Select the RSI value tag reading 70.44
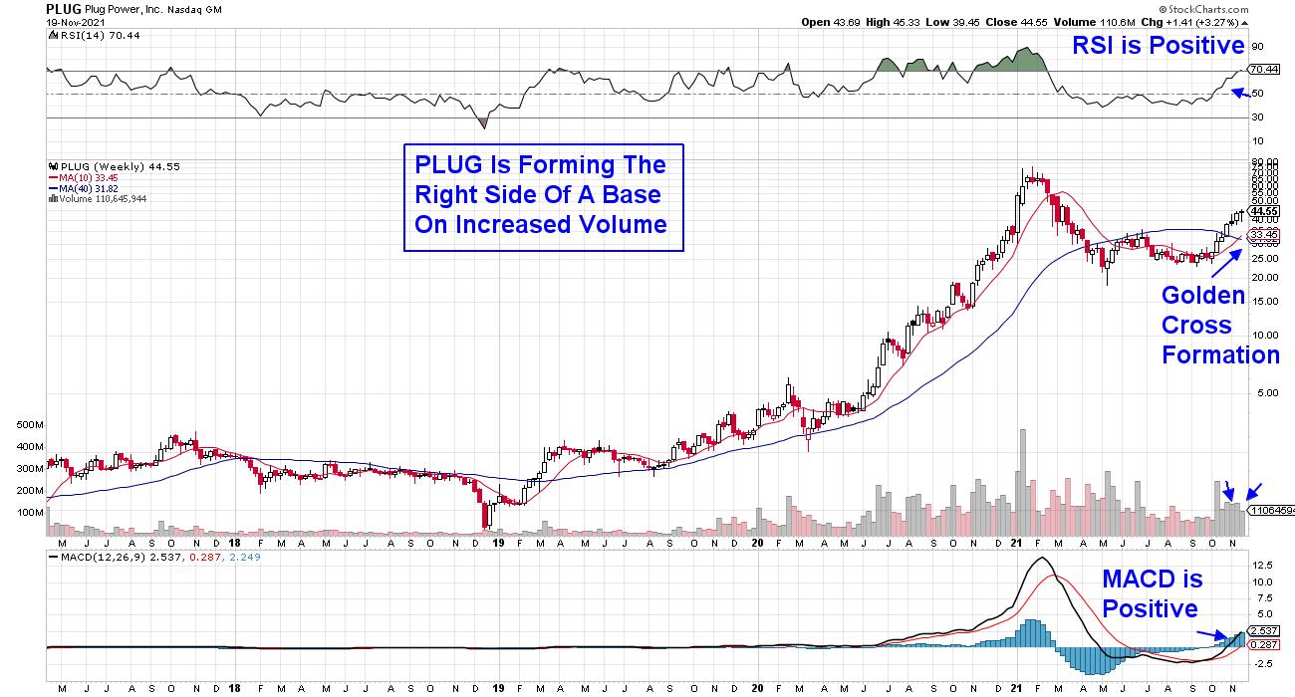point(1263,70)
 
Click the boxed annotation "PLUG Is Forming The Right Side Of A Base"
point(542,194)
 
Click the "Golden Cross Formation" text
point(1220,325)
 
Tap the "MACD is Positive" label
point(1152,593)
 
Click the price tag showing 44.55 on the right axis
point(1263,211)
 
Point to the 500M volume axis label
point(30,424)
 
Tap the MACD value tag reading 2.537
point(1263,631)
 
